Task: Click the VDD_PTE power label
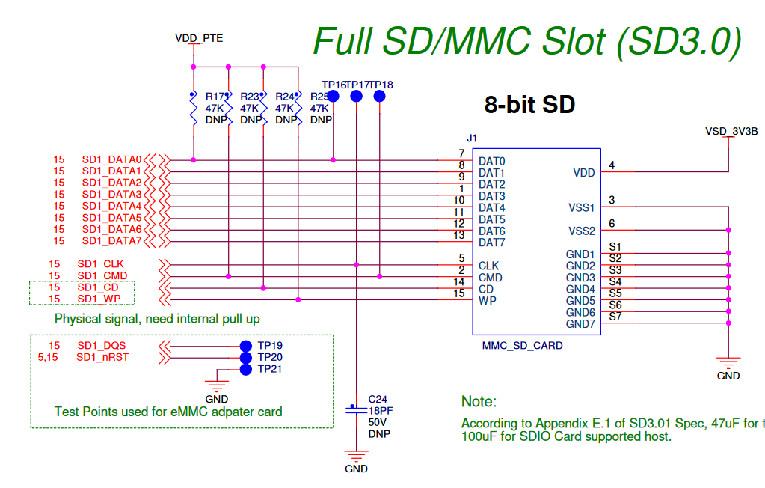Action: [x=198, y=37]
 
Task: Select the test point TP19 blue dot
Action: [x=245, y=346]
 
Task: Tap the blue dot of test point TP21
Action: [x=245, y=369]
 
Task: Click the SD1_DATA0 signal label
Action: [x=111, y=159]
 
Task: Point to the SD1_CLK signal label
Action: [x=100, y=264]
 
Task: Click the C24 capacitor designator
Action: [x=378, y=399]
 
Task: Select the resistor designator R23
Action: [x=250, y=97]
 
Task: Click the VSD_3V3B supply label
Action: [x=731, y=131]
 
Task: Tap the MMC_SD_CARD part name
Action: [x=522, y=346]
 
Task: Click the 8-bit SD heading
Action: [x=529, y=104]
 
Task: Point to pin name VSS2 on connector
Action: [x=581, y=231]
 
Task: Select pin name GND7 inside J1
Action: [x=580, y=324]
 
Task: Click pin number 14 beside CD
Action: [x=459, y=282]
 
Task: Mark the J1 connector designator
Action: [x=471, y=138]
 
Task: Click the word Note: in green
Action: [x=479, y=402]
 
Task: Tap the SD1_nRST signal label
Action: [x=102, y=357]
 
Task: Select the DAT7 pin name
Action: [x=492, y=243]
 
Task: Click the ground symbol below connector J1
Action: [x=728, y=362]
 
